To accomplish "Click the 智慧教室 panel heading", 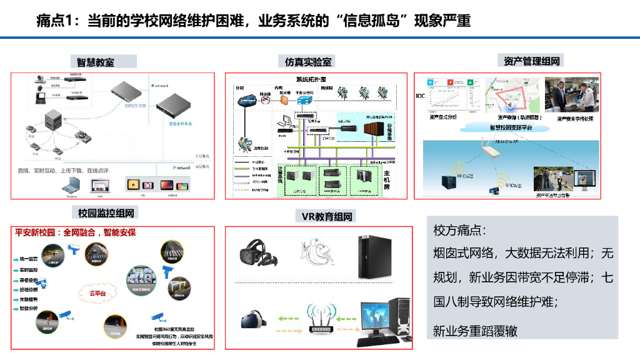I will click(96, 62).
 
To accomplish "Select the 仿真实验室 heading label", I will click(309, 61).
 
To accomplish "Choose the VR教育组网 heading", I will click(327, 216).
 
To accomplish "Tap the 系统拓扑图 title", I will click(311, 79).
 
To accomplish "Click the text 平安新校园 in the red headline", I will click(36, 232).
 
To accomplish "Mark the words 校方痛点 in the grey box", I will click(459, 230).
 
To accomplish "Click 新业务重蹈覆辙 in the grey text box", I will click(476, 331).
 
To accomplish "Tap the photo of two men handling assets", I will click(570, 94).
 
